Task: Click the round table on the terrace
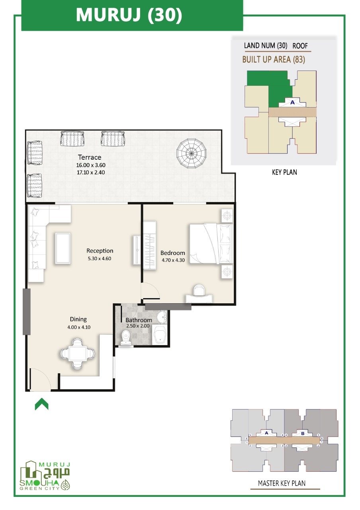tap(192, 154)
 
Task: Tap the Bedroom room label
tap(173, 253)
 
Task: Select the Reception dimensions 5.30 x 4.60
tap(100, 259)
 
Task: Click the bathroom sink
tap(162, 317)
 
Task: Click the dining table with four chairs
tap(77, 353)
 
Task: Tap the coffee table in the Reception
tap(63, 248)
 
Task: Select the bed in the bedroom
tap(211, 243)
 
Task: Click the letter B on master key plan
tap(303, 433)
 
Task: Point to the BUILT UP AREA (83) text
tap(274, 60)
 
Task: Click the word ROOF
tap(300, 46)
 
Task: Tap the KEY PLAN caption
tap(284, 172)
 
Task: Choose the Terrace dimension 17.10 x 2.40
tap(91, 173)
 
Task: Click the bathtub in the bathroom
tap(160, 335)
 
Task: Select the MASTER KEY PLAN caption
tap(282, 483)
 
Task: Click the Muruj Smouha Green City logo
tap(45, 476)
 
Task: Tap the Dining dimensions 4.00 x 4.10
tap(79, 327)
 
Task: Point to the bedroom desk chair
tap(199, 290)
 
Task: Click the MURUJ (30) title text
tap(129, 15)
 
